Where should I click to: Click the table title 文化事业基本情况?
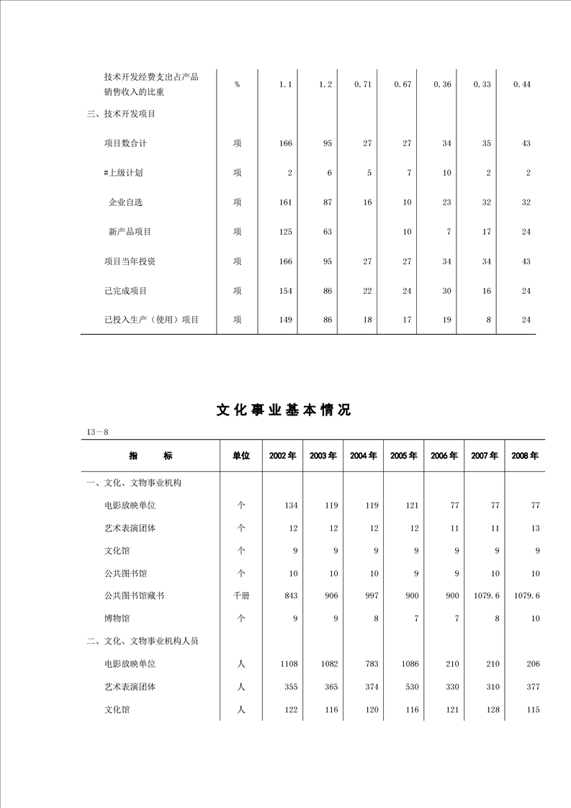point(284,410)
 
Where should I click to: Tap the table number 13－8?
point(96,431)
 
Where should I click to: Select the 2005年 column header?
point(403,456)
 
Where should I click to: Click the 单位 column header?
point(240,456)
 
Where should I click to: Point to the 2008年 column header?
point(525,456)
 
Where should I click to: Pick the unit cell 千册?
point(240,596)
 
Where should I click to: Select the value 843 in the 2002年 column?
point(289,596)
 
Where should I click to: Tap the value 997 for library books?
point(371,596)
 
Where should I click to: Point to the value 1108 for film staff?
point(287,663)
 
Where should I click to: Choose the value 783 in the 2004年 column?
point(371,663)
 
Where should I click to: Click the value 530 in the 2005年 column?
point(411,686)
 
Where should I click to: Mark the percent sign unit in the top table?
point(237,84)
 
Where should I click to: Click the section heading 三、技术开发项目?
point(121,114)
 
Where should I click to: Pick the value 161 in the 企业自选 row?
point(285,202)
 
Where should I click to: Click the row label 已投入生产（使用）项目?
point(151,320)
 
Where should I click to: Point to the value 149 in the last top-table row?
point(285,320)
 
